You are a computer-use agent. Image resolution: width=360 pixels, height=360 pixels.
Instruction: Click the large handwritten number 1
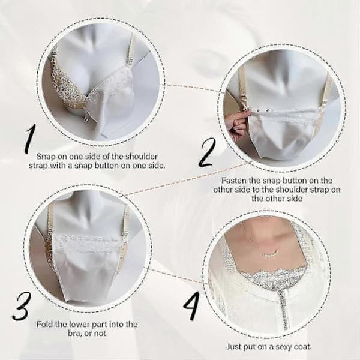click(x=30, y=139)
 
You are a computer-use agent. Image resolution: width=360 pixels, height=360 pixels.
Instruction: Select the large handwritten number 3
click(x=22, y=307)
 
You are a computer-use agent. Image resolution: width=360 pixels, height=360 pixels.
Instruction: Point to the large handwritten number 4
click(x=191, y=307)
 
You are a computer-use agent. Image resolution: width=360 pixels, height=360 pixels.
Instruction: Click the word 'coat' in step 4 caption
click(x=303, y=346)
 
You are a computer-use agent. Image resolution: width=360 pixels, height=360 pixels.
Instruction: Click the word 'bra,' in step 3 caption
click(x=75, y=334)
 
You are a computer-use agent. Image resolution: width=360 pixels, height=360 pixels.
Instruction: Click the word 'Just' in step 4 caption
click(x=235, y=346)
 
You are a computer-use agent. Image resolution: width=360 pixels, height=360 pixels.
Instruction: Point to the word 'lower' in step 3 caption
click(x=80, y=325)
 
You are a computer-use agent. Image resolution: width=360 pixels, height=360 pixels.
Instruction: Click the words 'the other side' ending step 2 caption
click(x=277, y=199)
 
